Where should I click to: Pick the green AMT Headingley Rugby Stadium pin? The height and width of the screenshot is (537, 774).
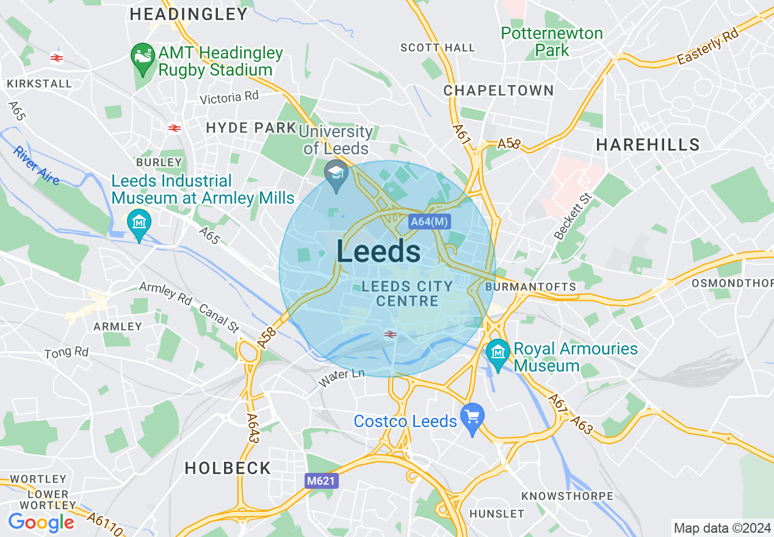tap(143, 58)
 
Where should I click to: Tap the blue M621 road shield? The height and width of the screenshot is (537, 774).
tap(321, 481)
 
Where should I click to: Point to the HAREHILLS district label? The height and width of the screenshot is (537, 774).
tap(648, 145)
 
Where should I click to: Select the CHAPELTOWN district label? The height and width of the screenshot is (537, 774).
tap(499, 91)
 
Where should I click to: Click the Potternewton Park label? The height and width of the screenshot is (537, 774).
tap(552, 41)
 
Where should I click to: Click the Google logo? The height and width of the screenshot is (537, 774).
tap(41, 522)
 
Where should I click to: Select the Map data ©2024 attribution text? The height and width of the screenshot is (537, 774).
tap(722, 528)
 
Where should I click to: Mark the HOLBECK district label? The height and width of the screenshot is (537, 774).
tap(228, 468)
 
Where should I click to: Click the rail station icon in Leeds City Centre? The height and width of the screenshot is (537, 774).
tap(391, 334)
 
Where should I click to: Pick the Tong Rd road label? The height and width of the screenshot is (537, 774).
tap(67, 352)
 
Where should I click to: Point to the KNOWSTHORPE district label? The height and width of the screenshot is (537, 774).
tap(568, 496)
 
